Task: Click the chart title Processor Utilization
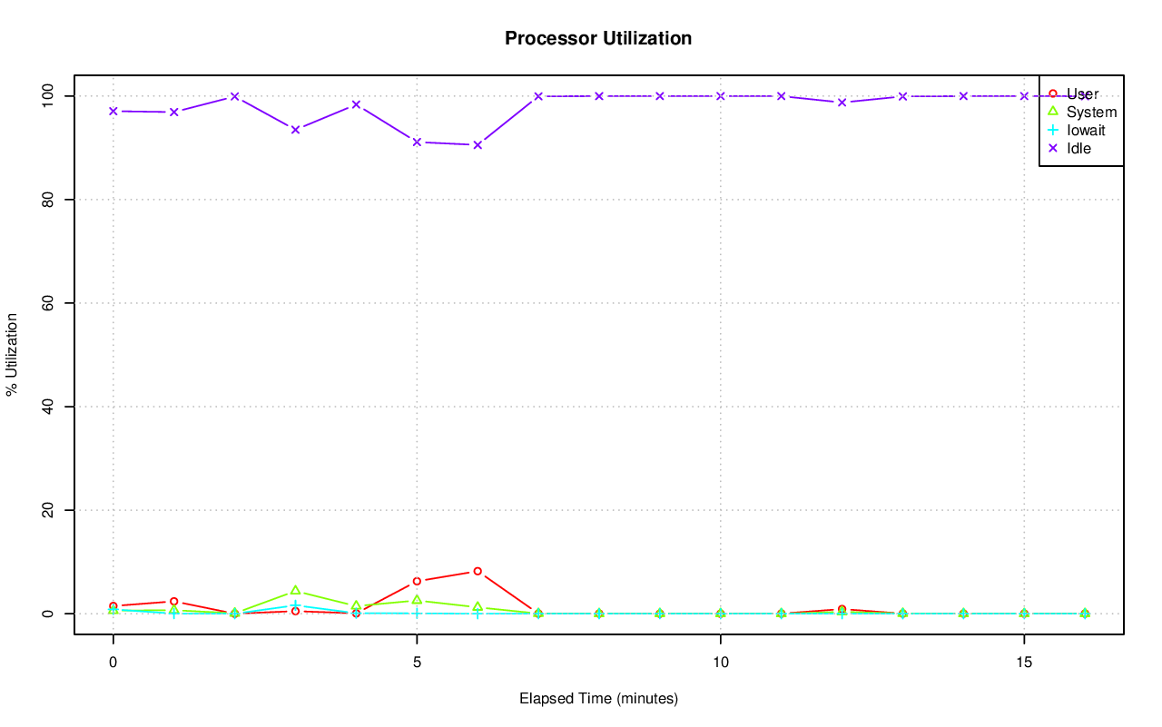click(x=598, y=38)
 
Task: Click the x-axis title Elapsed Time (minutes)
click(x=598, y=699)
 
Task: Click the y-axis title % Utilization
click(x=12, y=354)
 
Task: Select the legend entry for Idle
click(x=1078, y=148)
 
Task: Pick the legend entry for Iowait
click(x=1085, y=130)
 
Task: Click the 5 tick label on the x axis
click(x=417, y=662)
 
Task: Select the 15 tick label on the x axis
click(x=1024, y=662)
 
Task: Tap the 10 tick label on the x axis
click(x=720, y=662)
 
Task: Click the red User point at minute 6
click(x=478, y=571)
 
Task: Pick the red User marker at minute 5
click(x=417, y=581)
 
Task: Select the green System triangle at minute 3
click(x=295, y=591)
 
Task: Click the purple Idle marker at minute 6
click(x=478, y=144)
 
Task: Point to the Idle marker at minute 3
click(x=295, y=129)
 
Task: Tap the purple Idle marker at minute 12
click(x=842, y=102)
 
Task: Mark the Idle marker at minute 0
click(x=113, y=111)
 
